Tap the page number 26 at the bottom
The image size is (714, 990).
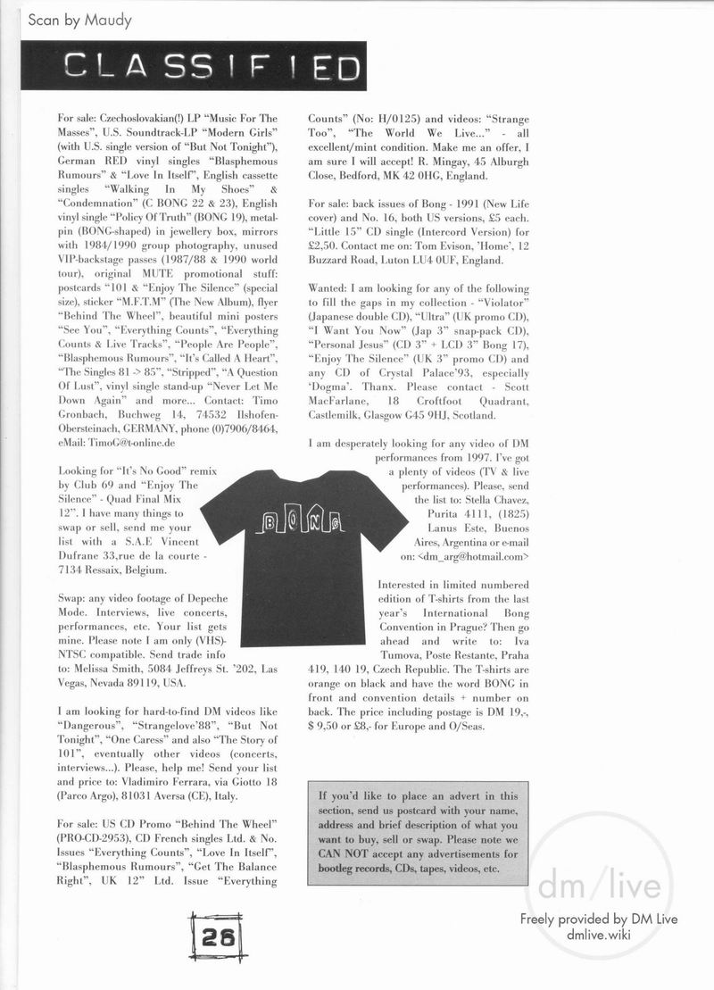click(218, 936)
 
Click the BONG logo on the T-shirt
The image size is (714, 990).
click(301, 522)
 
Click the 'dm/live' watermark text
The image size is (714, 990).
click(599, 886)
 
